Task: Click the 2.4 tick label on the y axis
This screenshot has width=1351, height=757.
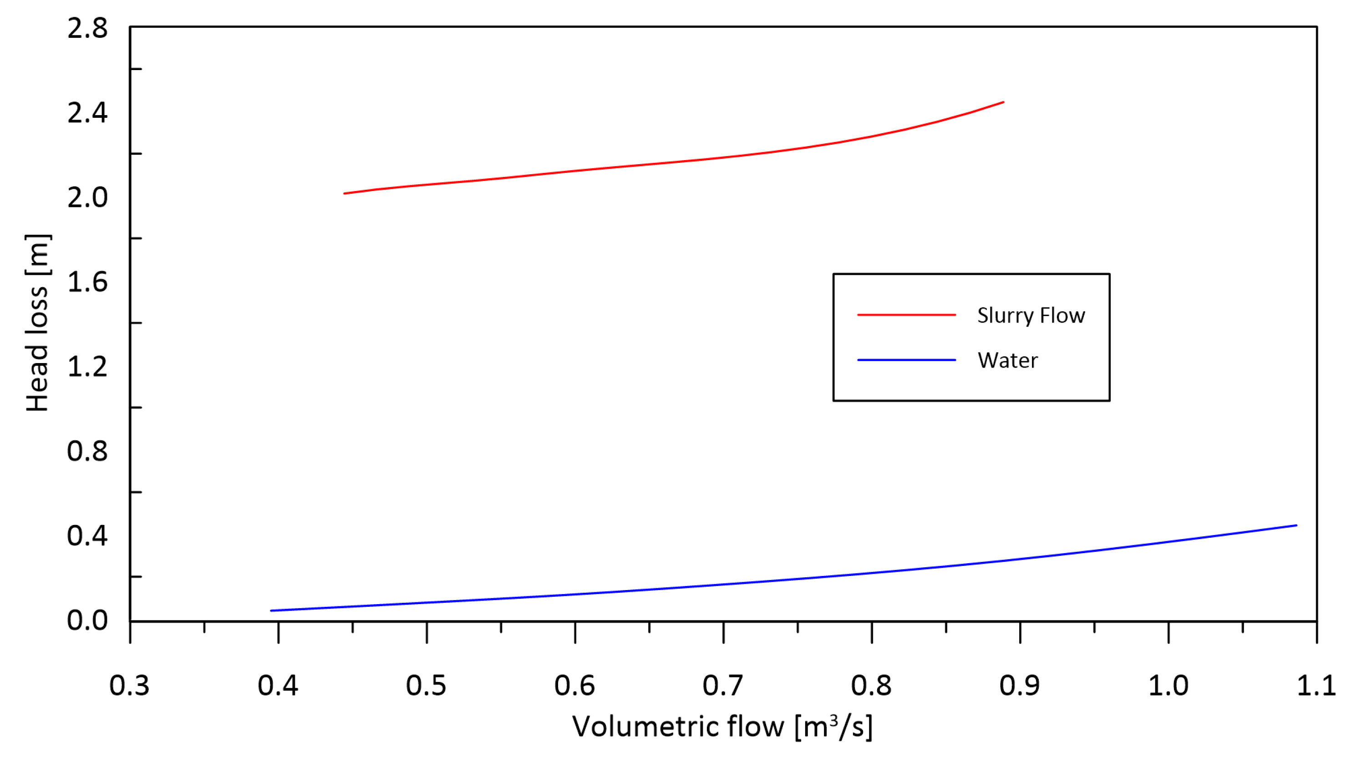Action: pyautogui.click(x=87, y=113)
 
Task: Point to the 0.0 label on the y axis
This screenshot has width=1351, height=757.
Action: pyautogui.click(x=87, y=620)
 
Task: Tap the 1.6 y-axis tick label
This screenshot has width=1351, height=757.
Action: pyautogui.click(x=87, y=282)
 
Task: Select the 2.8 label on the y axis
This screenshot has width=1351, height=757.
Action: pyautogui.click(x=87, y=28)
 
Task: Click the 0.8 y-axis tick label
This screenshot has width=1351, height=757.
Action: pyautogui.click(x=87, y=451)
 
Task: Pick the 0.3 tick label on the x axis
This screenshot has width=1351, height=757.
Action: pyautogui.click(x=129, y=686)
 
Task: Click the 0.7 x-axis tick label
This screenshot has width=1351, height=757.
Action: pyautogui.click(x=723, y=686)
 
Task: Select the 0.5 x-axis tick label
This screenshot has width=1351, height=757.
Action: pyautogui.click(x=426, y=686)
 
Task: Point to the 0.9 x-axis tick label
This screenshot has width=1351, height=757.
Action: pyautogui.click(x=1020, y=686)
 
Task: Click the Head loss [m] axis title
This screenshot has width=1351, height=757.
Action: pyautogui.click(x=38, y=323)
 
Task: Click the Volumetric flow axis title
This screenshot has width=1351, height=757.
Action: pyautogui.click(x=722, y=727)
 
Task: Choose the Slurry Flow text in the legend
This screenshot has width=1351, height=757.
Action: pyautogui.click(x=1031, y=316)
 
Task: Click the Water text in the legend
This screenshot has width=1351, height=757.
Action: pyautogui.click(x=1007, y=361)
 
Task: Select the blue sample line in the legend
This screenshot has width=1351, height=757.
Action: pyautogui.click(x=906, y=360)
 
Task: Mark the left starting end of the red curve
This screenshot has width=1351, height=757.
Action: pyautogui.click(x=345, y=193)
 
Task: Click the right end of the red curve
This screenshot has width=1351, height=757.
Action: pyautogui.click(x=1003, y=102)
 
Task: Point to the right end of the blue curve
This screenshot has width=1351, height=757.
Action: pyautogui.click(x=1296, y=525)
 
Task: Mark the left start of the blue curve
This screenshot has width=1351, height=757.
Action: pyautogui.click(x=271, y=611)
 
